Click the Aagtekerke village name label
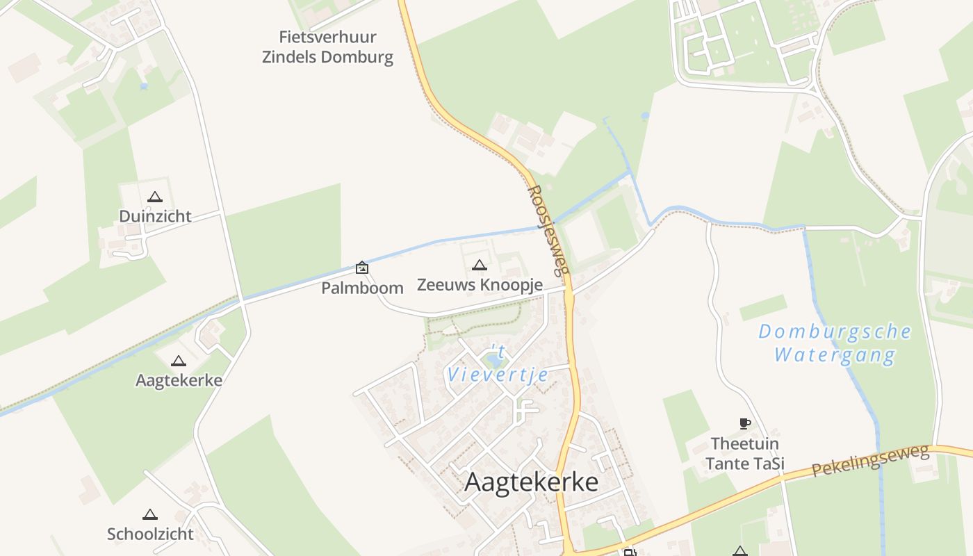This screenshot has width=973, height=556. pos(531,482)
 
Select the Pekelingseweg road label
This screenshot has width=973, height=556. pos(870,461)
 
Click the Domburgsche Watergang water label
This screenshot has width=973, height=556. pos(835,343)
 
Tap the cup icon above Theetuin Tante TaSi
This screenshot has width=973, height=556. pos(744,423)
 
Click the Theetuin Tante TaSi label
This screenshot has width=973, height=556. pos(745,453)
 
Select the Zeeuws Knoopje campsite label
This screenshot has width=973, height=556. pos(480,284)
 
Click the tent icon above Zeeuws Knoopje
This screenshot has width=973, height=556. pos(480,265)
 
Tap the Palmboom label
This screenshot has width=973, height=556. pos(362,288)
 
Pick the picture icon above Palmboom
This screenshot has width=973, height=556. pos(362,268)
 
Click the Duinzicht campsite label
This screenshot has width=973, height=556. pos(155,216)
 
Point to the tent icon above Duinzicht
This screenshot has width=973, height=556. pos(154,197)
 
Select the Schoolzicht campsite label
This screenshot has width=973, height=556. pos(150,534)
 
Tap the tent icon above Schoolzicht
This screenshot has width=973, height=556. pos(149,515)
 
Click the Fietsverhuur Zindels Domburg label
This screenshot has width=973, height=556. pos(327,47)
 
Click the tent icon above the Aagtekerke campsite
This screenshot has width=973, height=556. pos(179,361)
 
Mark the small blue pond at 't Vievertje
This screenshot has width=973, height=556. pos(494,360)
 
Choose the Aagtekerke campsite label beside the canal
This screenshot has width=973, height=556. pos(179,380)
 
